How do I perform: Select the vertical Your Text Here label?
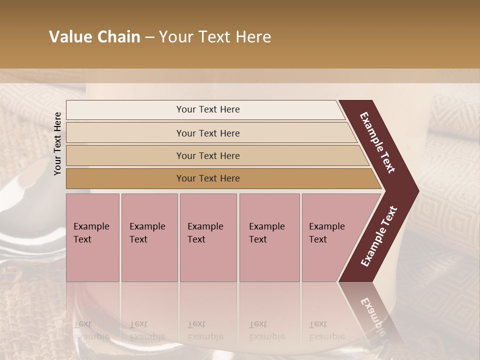coord(57,144)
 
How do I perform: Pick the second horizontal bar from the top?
coord(208,133)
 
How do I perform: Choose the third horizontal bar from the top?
coord(208,155)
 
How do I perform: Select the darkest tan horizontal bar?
coord(208,178)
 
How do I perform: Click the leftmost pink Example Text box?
coord(92,237)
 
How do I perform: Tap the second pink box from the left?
coord(149,237)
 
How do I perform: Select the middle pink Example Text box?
coord(208,237)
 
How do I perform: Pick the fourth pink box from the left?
coord(269,237)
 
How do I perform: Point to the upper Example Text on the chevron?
coord(377,142)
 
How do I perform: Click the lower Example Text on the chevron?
coord(378,236)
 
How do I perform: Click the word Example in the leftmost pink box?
coord(91,226)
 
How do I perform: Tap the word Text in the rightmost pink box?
coord(318,239)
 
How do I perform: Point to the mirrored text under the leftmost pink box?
coord(91,330)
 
